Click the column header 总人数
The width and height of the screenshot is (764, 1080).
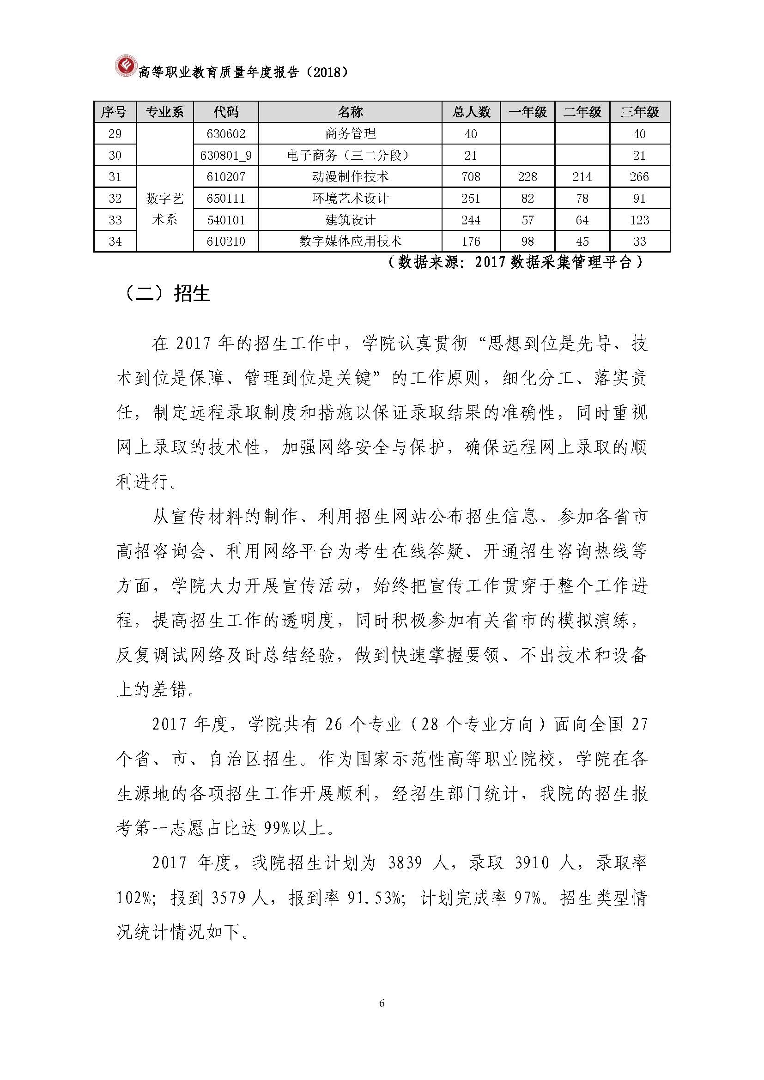click(471, 112)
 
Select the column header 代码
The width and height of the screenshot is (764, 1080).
click(226, 112)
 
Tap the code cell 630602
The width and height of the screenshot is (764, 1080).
click(226, 134)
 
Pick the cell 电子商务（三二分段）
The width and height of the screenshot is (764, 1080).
click(350, 156)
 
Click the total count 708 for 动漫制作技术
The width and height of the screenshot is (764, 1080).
click(471, 177)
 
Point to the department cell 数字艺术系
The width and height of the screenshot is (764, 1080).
click(164, 209)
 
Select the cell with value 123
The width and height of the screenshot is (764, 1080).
click(639, 220)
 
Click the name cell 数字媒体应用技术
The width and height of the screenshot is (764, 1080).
click(350, 242)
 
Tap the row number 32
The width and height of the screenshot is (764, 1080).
click(115, 199)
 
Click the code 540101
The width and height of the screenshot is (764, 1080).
click(226, 220)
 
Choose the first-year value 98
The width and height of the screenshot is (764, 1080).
click(528, 242)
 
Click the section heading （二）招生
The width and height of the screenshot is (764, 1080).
click(168, 294)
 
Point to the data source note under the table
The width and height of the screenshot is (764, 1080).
click(515, 262)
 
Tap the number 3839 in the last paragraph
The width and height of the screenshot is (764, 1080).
click(405, 863)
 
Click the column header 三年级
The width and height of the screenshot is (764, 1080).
click(639, 112)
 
